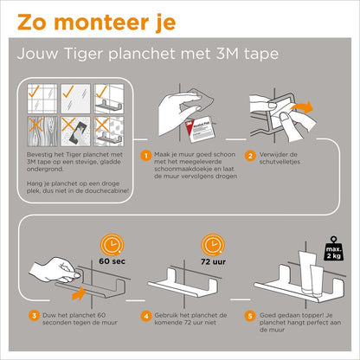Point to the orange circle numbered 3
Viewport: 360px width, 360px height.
coord(33,314)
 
